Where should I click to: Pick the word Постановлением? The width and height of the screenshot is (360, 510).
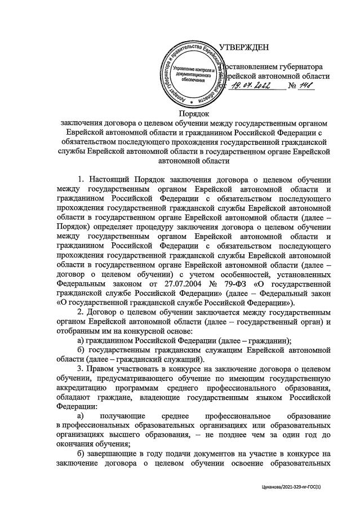(x=248, y=66)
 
